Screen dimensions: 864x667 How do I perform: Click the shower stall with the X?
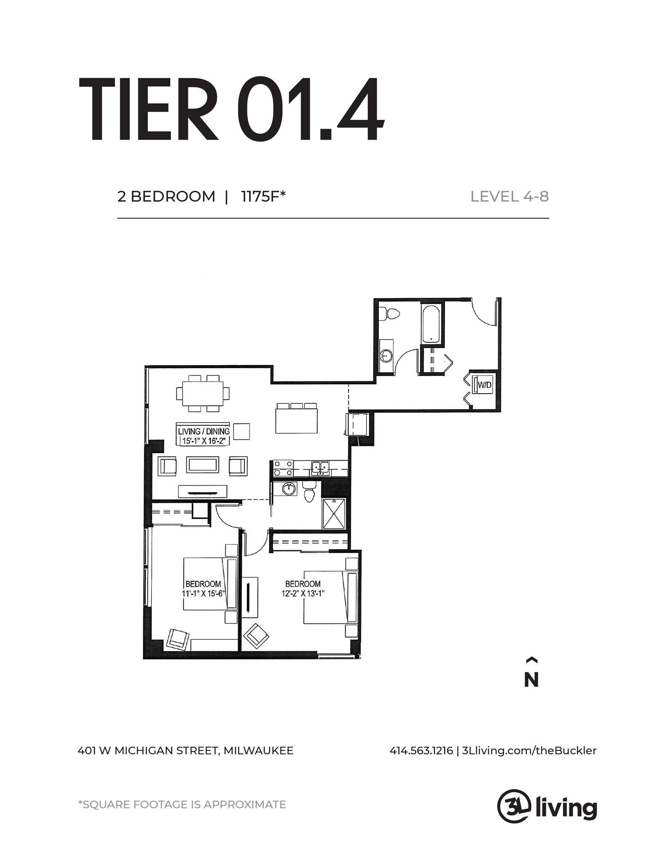coord(334,513)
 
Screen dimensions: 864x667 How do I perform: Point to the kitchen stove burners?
coord(283,468)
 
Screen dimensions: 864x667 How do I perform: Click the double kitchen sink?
coord(320,467)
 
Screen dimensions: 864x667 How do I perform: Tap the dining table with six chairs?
coord(203,393)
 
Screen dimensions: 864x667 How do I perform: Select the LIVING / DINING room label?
coord(204,431)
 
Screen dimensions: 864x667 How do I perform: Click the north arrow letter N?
coord(531,680)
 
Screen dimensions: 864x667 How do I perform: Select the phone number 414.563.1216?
coord(421,751)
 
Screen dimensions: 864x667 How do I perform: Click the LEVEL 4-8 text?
coord(509,197)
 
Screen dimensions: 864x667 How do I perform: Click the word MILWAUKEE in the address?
coord(258,751)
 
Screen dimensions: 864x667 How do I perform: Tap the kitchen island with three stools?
coord(297,420)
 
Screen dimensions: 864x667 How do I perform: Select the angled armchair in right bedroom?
coord(256,635)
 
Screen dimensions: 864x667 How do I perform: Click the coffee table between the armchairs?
coord(203,464)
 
